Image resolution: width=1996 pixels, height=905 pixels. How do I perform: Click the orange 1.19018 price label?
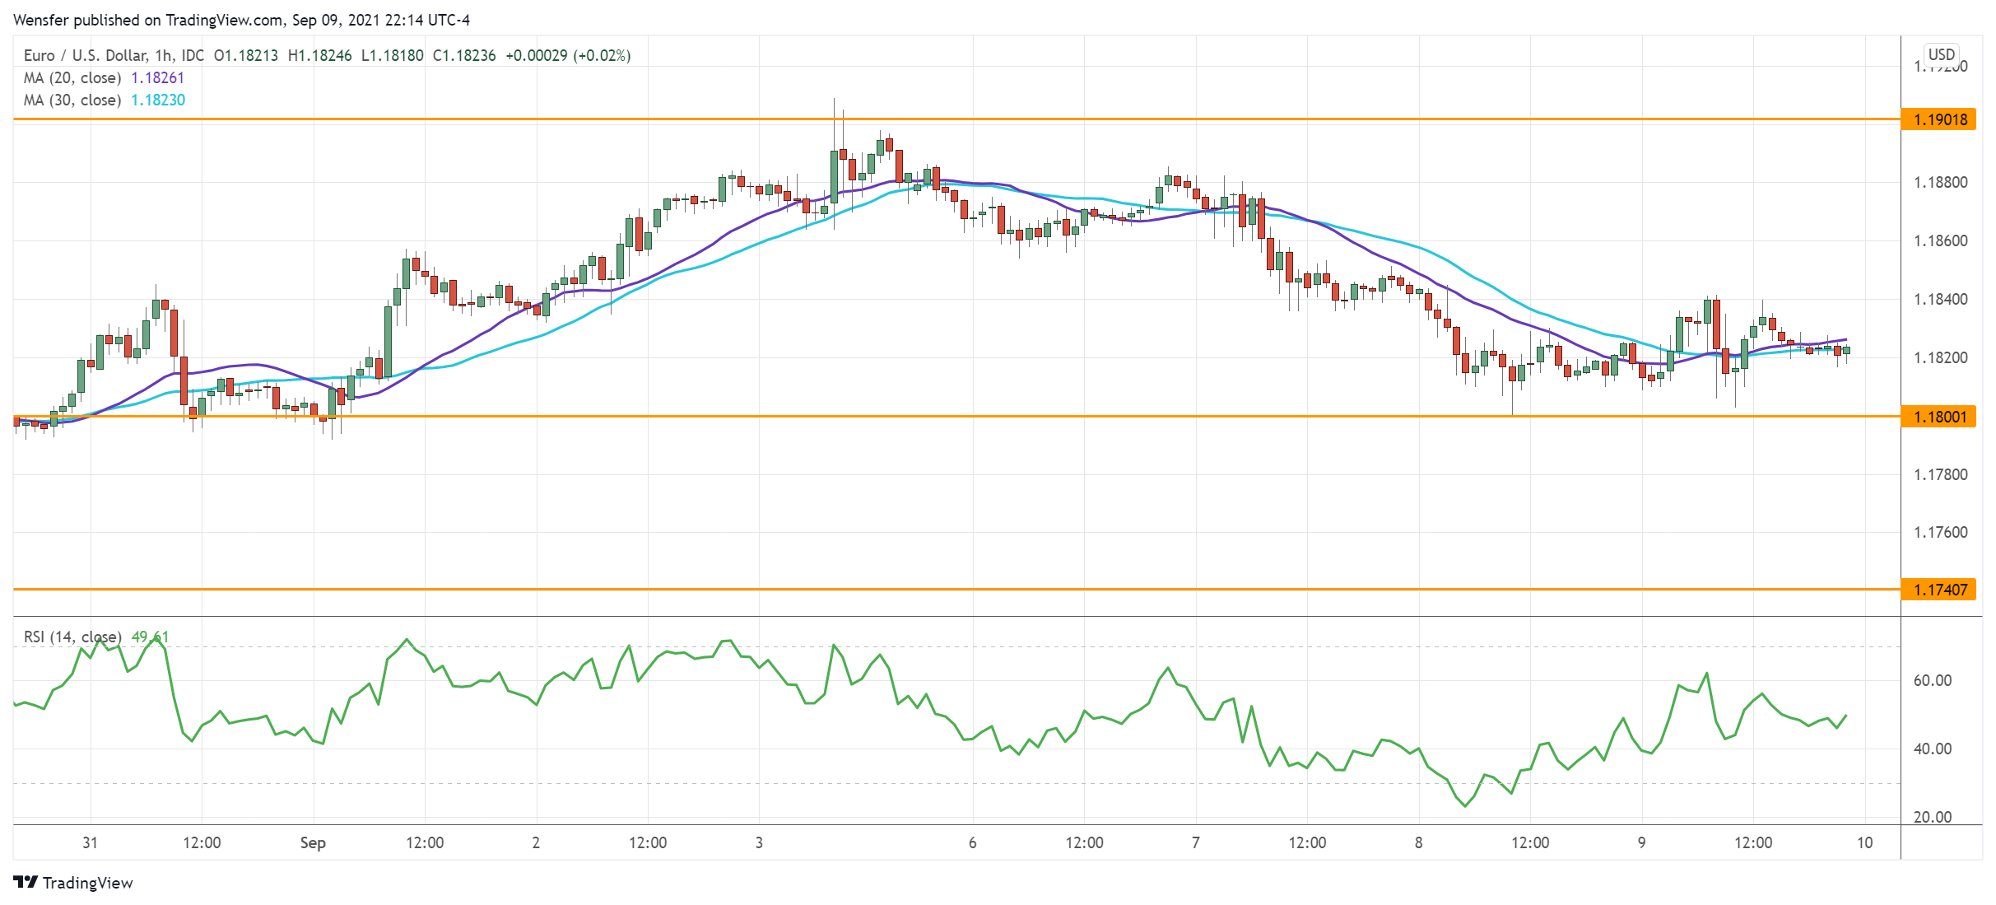pyautogui.click(x=1939, y=119)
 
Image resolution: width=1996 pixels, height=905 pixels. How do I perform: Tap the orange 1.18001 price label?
pyautogui.click(x=1939, y=417)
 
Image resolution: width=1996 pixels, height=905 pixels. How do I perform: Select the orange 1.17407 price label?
pyautogui.click(x=1939, y=590)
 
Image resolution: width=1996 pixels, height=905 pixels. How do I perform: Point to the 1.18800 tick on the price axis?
pyautogui.click(x=1940, y=182)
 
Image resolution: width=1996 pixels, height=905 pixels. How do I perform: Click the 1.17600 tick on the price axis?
pyautogui.click(x=1940, y=532)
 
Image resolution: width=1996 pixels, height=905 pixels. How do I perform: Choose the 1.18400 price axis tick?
pyautogui.click(x=1940, y=299)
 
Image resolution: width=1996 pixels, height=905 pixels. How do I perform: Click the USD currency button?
pyautogui.click(x=1941, y=54)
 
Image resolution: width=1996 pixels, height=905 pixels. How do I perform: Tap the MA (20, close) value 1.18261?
pyautogui.click(x=158, y=77)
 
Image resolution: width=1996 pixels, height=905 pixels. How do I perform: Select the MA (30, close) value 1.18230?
pyautogui.click(x=158, y=100)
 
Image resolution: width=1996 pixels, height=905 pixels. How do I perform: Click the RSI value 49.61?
pyautogui.click(x=150, y=637)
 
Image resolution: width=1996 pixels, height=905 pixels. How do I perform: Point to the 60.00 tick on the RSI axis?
pyautogui.click(x=1932, y=680)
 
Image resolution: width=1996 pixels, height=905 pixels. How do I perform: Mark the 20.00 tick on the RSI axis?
pyautogui.click(x=1932, y=817)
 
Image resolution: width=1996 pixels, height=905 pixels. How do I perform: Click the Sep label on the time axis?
pyautogui.click(x=313, y=842)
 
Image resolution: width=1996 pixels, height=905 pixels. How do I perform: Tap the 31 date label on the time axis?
pyautogui.click(x=90, y=842)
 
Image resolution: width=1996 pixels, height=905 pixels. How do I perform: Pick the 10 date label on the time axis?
pyautogui.click(x=1864, y=842)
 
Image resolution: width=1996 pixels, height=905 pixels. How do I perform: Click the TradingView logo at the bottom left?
pyautogui.click(x=73, y=883)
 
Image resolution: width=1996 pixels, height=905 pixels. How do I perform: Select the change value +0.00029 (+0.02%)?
pyautogui.click(x=568, y=55)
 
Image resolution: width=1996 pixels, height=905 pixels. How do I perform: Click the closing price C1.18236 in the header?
pyautogui.click(x=464, y=55)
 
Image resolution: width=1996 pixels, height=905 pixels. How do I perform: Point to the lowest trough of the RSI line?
pyautogui.click(x=1465, y=805)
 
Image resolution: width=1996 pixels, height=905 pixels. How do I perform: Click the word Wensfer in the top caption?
pyautogui.click(x=40, y=20)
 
